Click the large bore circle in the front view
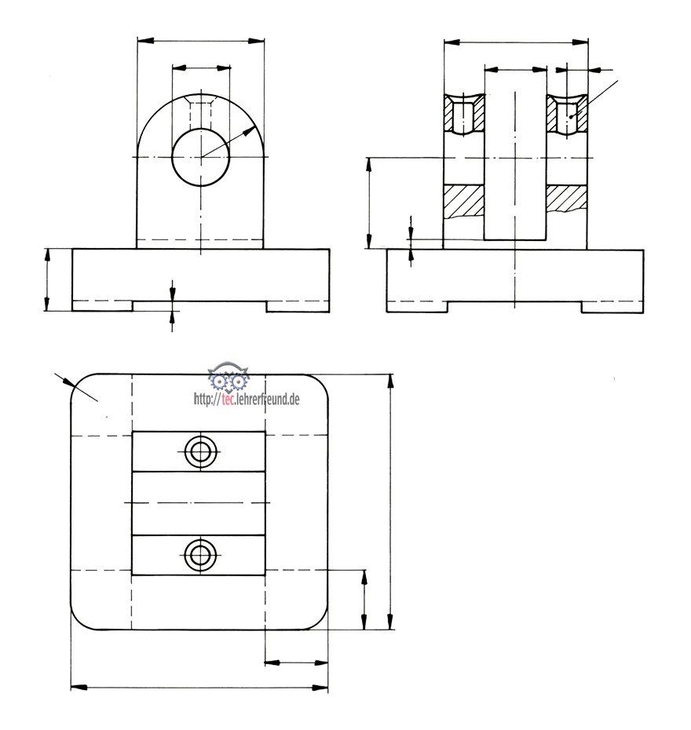click(x=172, y=157)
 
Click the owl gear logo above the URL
click(x=229, y=376)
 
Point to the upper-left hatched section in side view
click(x=464, y=113)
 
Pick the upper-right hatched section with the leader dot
click(x=566, y=113)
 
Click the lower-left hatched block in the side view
click(x=464, y=201)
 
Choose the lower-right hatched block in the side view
click(x=566, y=199)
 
